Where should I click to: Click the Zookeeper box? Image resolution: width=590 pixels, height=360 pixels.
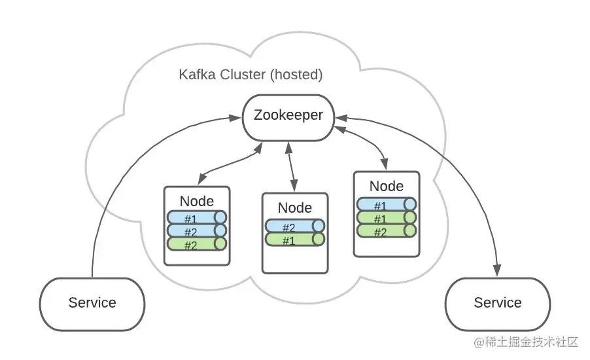coord(288,118)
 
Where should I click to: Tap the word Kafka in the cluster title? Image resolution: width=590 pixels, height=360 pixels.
coord(197,75)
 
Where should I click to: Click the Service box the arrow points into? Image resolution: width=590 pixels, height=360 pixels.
coord(497,304)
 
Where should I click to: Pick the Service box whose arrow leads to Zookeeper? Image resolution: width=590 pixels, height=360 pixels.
coord(92,304)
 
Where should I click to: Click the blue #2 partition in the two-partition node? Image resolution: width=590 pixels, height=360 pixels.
coord(294,226)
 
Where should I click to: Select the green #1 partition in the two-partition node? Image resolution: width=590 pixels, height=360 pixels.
coord(294,239)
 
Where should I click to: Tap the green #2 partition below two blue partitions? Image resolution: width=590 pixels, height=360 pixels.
coord(197,244)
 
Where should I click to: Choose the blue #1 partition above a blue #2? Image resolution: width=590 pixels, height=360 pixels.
coord(197,217)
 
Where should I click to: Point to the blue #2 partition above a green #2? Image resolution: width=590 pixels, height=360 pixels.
coord(197,231)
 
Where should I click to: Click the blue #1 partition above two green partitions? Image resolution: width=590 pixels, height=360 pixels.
coord(387,204)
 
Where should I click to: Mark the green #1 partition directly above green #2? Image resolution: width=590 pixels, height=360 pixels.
coord(387,217)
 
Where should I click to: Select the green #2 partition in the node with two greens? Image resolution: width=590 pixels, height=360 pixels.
coord(387,230)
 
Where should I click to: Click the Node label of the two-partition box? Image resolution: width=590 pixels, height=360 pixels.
coord(294,208)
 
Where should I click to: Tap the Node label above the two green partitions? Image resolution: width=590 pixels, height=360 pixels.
coord(387,186)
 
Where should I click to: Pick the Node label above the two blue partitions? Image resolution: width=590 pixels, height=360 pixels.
coord(197,201)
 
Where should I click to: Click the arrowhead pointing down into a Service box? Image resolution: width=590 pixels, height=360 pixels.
coord(497,270)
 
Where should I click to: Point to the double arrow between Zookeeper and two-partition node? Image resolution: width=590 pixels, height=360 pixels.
coord(291,167)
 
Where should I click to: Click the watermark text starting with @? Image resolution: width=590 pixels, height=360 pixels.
coord(526,342)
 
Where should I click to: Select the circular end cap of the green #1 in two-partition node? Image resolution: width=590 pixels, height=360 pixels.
coord(319,239)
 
